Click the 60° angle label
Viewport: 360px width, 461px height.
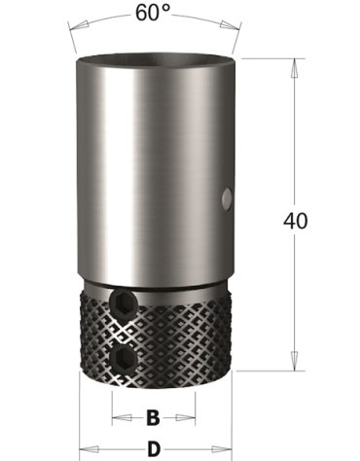[153, 13]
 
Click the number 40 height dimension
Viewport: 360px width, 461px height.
[295, 221]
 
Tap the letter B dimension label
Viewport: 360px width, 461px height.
[153, 417]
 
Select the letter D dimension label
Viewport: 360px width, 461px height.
[154, 449]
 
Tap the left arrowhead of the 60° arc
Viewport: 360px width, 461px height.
[78, 25]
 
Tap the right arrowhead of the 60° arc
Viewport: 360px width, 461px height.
[230, 25]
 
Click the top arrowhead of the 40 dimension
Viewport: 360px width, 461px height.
[294, 68]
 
